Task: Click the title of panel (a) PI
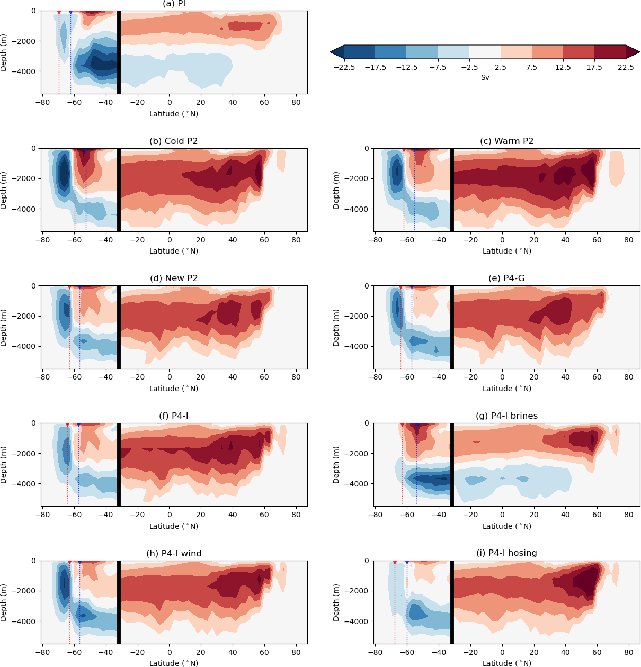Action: [174, 4]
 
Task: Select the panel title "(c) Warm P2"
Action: [506, 141]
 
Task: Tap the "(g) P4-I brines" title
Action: [506, 416]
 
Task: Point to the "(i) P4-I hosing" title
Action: [506, 553]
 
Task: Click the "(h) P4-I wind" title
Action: [174, 554]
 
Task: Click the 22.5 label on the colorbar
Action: [626, 67]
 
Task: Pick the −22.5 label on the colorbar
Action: [344, 67]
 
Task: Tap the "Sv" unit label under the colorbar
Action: [485, 78]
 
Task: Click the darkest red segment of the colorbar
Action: [610, 51]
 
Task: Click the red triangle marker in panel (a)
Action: [59, 12]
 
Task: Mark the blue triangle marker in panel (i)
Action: [407, 562]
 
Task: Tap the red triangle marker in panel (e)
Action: [400, 287]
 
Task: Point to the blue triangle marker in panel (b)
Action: [86, 150]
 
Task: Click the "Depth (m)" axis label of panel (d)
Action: [4, 328]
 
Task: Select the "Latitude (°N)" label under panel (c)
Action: [506, 251]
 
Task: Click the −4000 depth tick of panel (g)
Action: [358, 484]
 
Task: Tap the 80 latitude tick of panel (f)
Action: [296, 514]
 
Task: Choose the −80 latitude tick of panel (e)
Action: [375, 377]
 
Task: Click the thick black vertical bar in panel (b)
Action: [119, 190]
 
